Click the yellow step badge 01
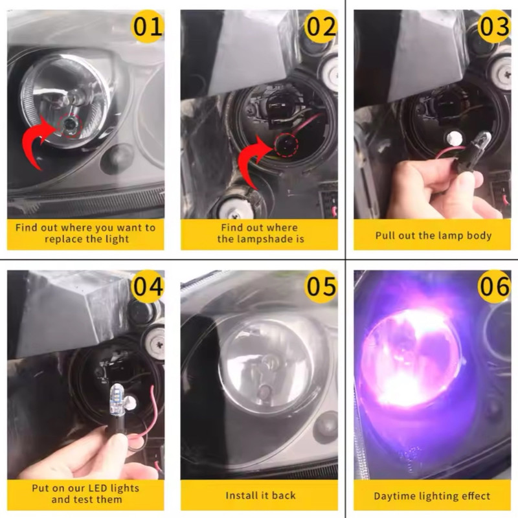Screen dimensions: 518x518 pyautogui.click(x=148, y=26)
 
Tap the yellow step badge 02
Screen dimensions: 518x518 pyautogui.click(x=321, y=26)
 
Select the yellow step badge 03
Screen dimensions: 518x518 pyautogui.click(x=494, y=26)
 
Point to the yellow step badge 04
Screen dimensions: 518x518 pyautogui.click(x=148, y=286)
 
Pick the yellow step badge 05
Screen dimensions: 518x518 pyautogui.click(x=321, y=286)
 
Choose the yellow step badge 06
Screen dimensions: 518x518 pyautogui.click(x=494, y=286)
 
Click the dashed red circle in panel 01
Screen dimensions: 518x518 pyautogui.click(x=70, y=126)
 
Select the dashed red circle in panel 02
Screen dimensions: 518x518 pyautogui.click(x=287, y=144)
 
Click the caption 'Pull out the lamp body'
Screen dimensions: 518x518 pyautogui.click(x=433, y=236)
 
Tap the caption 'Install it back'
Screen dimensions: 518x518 pyautogui.click(x=260, y=495)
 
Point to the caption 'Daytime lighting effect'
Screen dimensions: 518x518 pyautogui.click(x=432, y=496)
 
